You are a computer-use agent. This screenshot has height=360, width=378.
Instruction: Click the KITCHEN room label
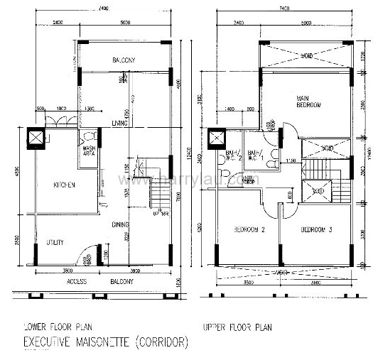(x=64, y=185)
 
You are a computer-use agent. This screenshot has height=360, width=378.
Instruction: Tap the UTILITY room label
(x=55, y=243)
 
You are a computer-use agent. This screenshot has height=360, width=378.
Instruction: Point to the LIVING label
(x=120, y=123)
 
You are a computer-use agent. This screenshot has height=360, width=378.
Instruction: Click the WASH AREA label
(x=90, y=151)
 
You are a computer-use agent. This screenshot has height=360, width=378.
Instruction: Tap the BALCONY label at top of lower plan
(x=124, y=60)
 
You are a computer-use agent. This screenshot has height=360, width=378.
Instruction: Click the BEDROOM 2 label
(x=249, y=230)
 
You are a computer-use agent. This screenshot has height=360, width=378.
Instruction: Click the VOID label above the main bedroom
(x=307, y=55)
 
